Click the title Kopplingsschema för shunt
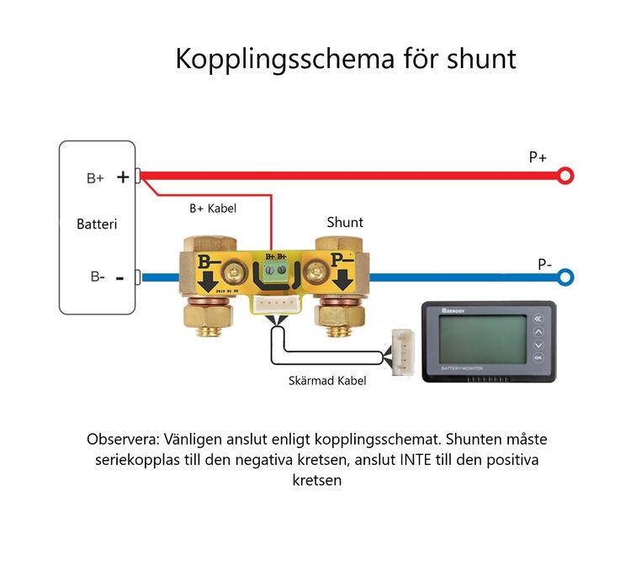(x=345, y=60)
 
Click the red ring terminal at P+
(x=566, y=176)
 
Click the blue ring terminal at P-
(x=566, y=277)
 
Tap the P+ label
(x=538, y=157)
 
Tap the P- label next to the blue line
(x=544, y=264)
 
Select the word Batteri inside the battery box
(x=97, y=224)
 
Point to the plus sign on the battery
(x=123, y=177)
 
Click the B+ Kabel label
(x=213, y=208)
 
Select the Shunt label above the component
(x=345, y=222)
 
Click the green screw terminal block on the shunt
(x=276, y=272)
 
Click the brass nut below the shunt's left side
(x=206, y=319)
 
